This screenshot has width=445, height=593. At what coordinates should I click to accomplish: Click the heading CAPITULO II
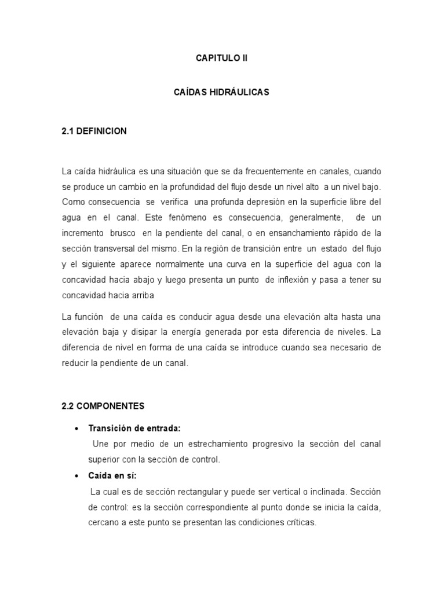pos(222,58)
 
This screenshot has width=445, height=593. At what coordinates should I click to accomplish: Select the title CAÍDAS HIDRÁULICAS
pos(222,92)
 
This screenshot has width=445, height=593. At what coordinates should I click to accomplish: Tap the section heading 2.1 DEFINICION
pos(94,131)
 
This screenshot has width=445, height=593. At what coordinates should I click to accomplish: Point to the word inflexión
pos(297,280)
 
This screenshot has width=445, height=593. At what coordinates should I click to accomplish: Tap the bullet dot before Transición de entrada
pos(77,429)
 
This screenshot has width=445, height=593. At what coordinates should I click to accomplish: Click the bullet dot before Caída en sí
pos(77,476)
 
